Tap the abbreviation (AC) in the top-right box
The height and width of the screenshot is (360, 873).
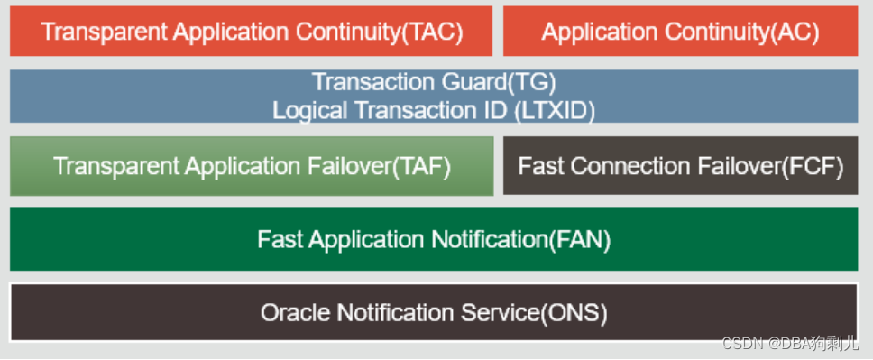[796, 32]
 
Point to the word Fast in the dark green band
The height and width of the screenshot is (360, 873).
[277, 239]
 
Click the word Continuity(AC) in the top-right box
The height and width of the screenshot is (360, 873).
[742, 32]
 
